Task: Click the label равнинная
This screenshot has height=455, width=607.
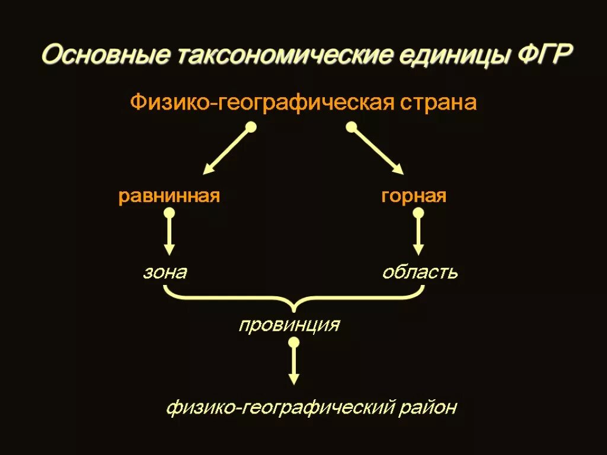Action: tap(170, 196)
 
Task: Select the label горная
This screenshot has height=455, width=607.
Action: tap(414, 196)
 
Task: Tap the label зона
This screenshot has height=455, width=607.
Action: tap(165, 273)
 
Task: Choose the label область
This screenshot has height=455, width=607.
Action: tap(420, 273)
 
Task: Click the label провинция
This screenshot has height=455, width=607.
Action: tap(289, 325)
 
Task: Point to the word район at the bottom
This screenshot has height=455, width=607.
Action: tap(430, 408)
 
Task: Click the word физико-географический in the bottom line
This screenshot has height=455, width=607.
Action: tap(280, 408)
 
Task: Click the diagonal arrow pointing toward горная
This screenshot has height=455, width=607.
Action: tap(378, 150)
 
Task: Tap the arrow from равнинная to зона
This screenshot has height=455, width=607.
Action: tap(169, 234)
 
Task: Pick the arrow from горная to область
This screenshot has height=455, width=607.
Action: tap(418, 234)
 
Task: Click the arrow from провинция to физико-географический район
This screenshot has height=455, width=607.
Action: tap(293, 364)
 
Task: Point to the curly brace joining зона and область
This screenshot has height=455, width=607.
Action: tap(294, 299)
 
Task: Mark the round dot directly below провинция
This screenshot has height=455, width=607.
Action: tap(293, 342)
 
